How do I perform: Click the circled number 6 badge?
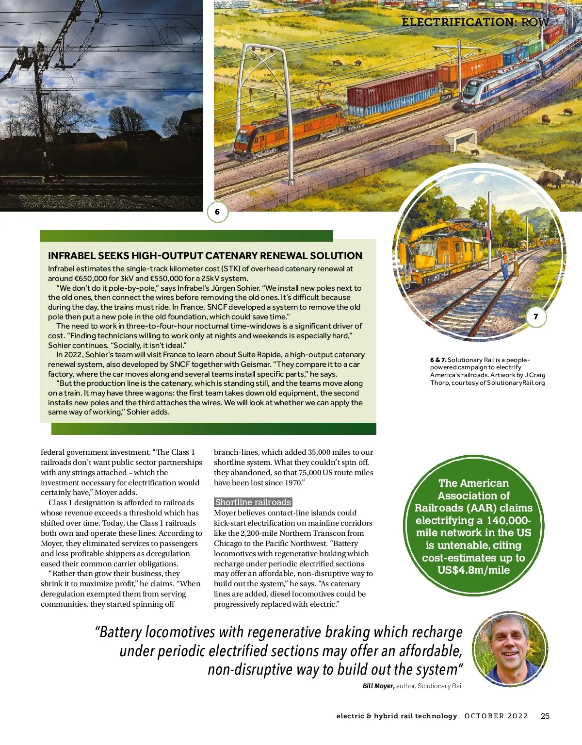[217, 212]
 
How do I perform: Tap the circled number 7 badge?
[536, 316]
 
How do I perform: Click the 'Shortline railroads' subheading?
[253, 502]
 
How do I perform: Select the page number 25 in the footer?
[545, 716]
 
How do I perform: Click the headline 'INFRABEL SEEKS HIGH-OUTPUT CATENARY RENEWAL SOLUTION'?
[205, 256]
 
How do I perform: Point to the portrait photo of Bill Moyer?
[510, 648]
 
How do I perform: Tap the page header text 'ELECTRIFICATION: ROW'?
[475, 22]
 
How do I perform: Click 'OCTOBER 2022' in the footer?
[496, 716]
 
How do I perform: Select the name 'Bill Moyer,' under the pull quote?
[378, 686]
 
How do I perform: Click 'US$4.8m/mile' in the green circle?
[473, 570]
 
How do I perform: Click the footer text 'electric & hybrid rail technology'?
[397, 716]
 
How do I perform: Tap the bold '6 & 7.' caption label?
[438, 360]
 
